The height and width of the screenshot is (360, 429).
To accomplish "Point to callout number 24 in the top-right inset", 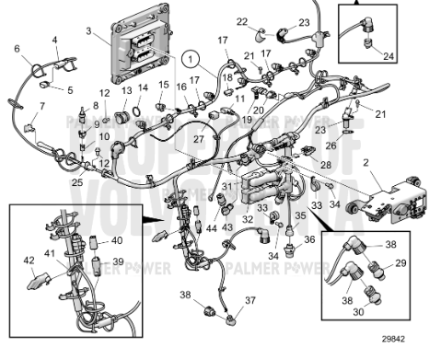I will click(389, 55).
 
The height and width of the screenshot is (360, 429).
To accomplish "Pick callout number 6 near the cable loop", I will click(17, 48).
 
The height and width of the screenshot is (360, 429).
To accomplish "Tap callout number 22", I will click(241, 21).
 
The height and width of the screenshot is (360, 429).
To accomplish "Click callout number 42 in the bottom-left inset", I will click(28, 261).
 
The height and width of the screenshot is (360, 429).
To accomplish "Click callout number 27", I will click(197, 138).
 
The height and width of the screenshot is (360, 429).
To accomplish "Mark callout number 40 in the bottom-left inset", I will click(116, 241).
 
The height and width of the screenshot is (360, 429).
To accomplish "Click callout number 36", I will click(308, 239).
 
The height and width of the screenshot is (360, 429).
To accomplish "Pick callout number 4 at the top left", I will click(54, 41).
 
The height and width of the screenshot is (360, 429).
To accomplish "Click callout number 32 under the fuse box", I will click(247, 220).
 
